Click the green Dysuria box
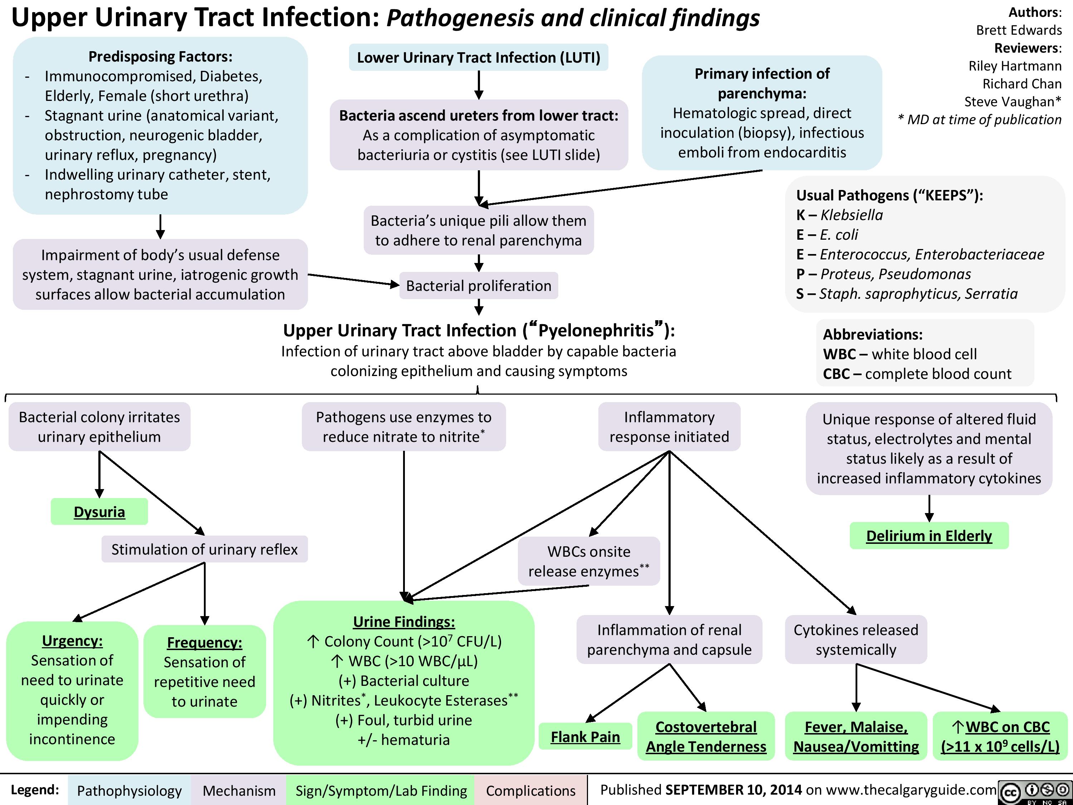[99, 511]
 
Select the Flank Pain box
[585, 737]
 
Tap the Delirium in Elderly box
[929, 536]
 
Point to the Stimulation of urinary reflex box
[204, 549]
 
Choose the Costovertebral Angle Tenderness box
[706, 736]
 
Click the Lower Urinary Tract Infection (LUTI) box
[478, 57]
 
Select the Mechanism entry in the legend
[239, 790]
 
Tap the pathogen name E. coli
[839, 234]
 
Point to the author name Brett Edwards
[1019, 30]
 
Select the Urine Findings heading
[403, 621]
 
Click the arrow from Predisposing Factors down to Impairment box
[160, 226]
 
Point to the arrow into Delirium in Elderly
[929, 508]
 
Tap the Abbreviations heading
[872, 334]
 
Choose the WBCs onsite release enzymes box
[588, 561]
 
